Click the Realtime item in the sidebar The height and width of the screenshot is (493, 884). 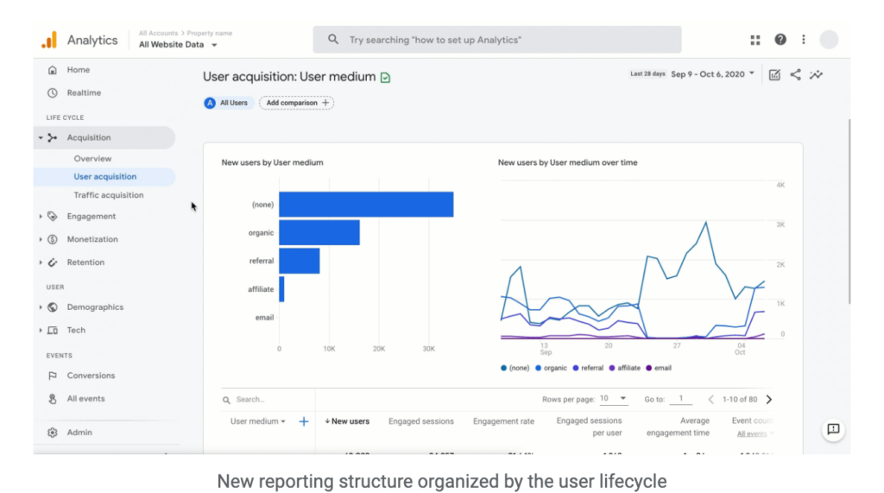[x=83, y=92]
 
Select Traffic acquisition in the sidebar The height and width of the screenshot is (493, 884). [x=109, y=195]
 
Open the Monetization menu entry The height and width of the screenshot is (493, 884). [x=92, y=239]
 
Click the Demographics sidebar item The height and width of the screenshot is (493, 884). [x=95, y=307]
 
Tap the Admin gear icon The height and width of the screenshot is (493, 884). [x=53, y=433]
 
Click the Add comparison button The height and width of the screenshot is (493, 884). [x=296, y=103]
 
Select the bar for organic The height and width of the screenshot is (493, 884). [x=319, y=232]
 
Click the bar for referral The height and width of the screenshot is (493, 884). [x=299, y=261]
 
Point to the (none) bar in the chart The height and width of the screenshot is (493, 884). [x=365, y=205]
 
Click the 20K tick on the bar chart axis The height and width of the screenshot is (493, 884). [x=378, y=349]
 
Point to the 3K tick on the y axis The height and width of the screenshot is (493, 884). [x=780, y=224]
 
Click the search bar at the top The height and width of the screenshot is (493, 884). [x=496, y=40]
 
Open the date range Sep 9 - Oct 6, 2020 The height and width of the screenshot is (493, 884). [x=712, y=74]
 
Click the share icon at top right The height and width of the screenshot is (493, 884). [x=795, y=75]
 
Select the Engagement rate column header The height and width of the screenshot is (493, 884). [x=503, y=421]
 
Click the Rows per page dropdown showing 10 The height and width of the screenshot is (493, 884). [x=614, y=399]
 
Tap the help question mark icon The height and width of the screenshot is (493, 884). [x=780, y=40]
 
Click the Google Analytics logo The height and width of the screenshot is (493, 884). [x=49, y=40]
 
